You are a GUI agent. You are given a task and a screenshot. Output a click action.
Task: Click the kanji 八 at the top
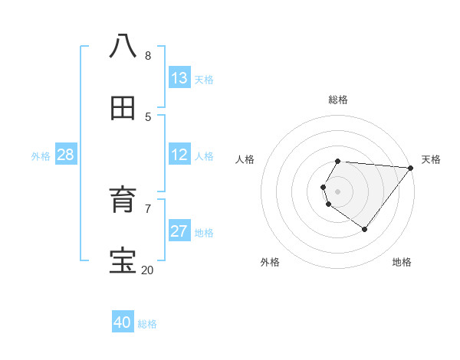click(123, 46)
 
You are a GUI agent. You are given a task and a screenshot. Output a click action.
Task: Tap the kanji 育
click(123, 200)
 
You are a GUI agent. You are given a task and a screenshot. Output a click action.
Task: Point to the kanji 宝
click(123, 261)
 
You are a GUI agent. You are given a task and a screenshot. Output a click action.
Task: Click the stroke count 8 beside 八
click(148, 56)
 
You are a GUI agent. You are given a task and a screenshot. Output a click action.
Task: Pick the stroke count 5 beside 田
click(148, 116)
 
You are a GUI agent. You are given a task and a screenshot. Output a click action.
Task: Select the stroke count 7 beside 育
click(148, 208)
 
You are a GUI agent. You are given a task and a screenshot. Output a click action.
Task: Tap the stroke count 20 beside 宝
click(147, 270)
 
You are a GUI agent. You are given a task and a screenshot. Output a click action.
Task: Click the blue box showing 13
click(179, 77)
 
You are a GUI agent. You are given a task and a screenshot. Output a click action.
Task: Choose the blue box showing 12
click(179, 155)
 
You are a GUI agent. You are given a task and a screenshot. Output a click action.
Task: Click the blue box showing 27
click(179, 231)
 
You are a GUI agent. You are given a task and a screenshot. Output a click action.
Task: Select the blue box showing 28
click(66, 155)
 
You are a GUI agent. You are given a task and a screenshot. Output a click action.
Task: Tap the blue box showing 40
click(123, 322)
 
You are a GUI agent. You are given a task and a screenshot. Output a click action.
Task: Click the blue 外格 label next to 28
click(41, 156)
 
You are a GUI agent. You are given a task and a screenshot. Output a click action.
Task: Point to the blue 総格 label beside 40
click(147, 324)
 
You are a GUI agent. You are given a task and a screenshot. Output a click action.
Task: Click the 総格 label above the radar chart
click(338, 100)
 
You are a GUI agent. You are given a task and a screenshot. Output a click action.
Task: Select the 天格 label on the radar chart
click(431, 159)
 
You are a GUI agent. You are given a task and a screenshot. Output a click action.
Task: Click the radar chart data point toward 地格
click(364, 229)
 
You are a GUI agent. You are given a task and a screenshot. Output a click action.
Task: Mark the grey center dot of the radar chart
click(338, 191)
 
